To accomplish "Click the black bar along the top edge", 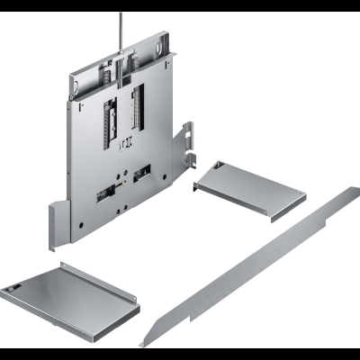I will (x=180, y=5).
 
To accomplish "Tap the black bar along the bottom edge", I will (x=180, y=354).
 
